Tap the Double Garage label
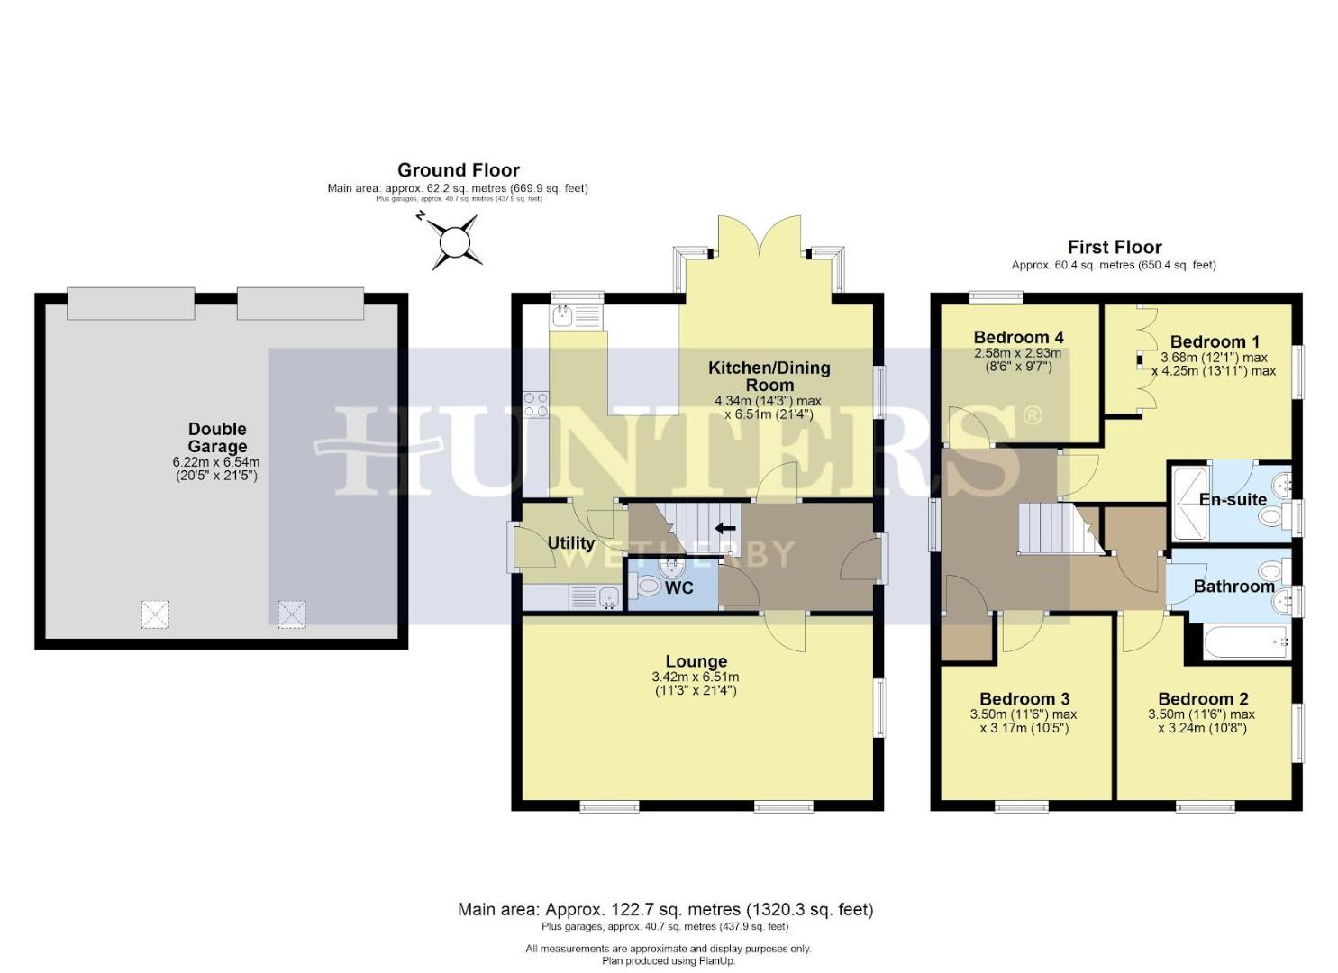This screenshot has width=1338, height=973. point(217,438)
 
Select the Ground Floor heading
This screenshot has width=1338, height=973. point(458,170)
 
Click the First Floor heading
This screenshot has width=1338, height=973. point(1114,247)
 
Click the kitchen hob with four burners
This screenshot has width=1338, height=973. point(536,405)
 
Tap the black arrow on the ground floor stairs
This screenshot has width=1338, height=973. point(725,528)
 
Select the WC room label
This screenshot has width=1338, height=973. point(678,587)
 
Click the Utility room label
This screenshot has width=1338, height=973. point(570,543)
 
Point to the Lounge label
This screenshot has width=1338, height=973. point(696,661)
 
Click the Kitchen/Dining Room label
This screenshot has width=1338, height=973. point(769,376)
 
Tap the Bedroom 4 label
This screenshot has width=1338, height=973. point(1018,337)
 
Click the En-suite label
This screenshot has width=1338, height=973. point(1232,499)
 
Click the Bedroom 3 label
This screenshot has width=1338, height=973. point(1024,698)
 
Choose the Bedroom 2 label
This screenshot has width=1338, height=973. point(1202,698)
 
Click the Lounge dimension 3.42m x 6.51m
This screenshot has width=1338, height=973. point(695,677)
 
